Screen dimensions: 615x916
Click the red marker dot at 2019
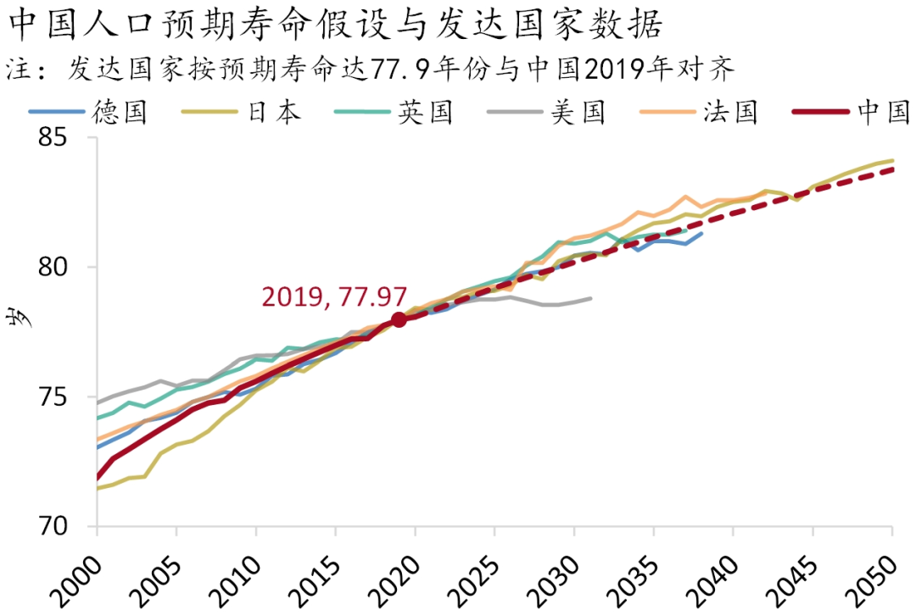pos(399,319)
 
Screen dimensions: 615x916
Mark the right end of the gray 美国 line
pos(591,298)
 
